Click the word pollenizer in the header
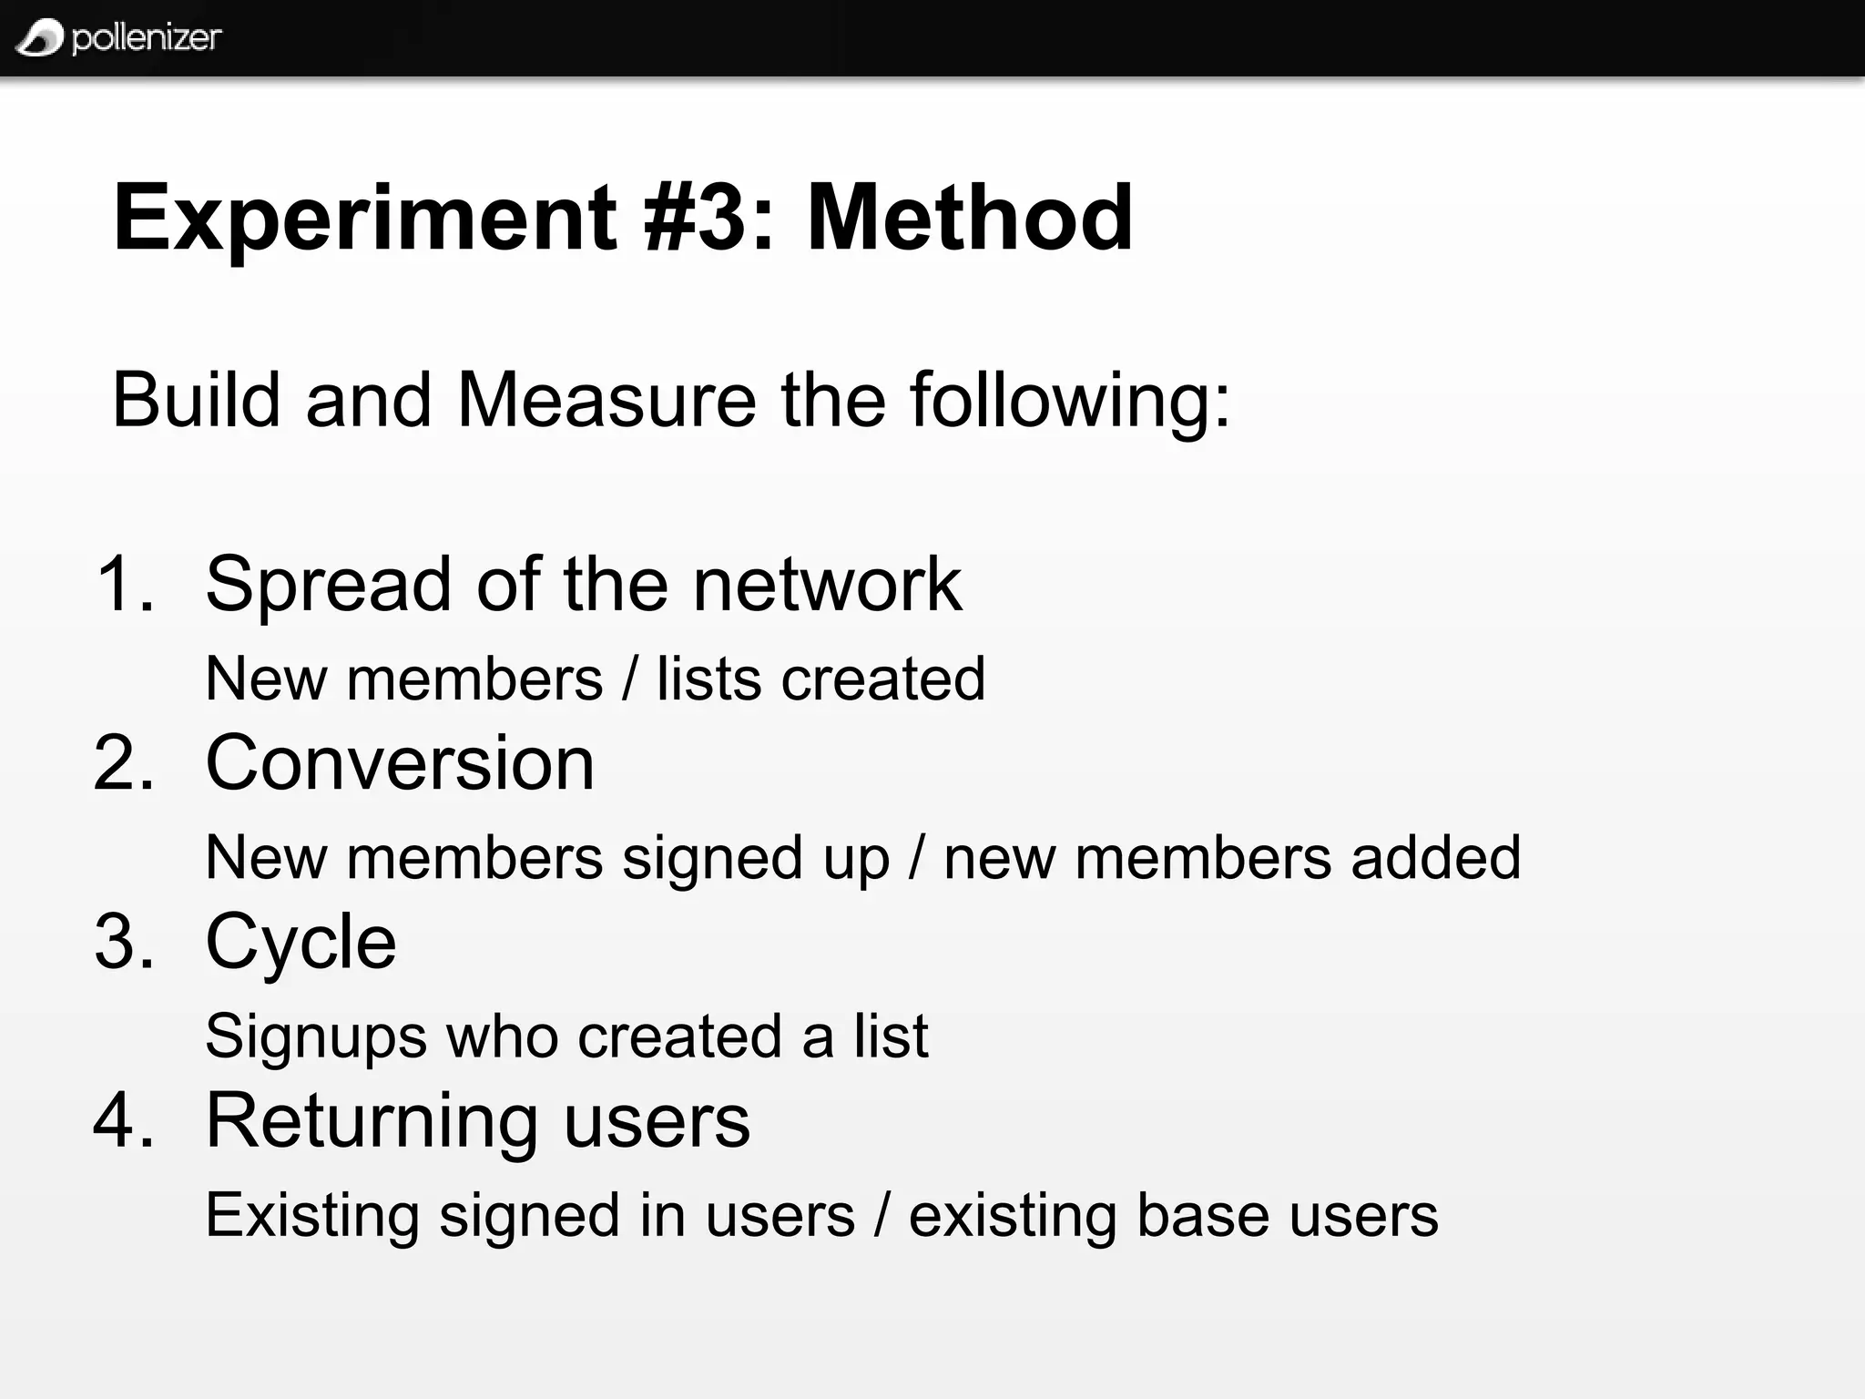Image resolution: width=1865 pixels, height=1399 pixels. (x=147, y=38)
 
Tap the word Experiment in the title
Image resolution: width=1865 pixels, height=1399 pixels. (x=365, y=219)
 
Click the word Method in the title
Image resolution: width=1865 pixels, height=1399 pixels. (x=970, y=219)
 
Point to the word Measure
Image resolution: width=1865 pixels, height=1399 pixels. (x=606, y=401)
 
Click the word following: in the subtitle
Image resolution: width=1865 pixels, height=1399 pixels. (x=1070, y=401)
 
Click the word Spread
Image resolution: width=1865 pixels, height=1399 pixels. (x=329, y=586)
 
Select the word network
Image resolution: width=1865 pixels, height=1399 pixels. (x=827, y=584)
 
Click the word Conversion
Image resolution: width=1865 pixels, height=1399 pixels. (x=400, y=762)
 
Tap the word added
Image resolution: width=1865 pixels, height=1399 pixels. (x=1436, y=857)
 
